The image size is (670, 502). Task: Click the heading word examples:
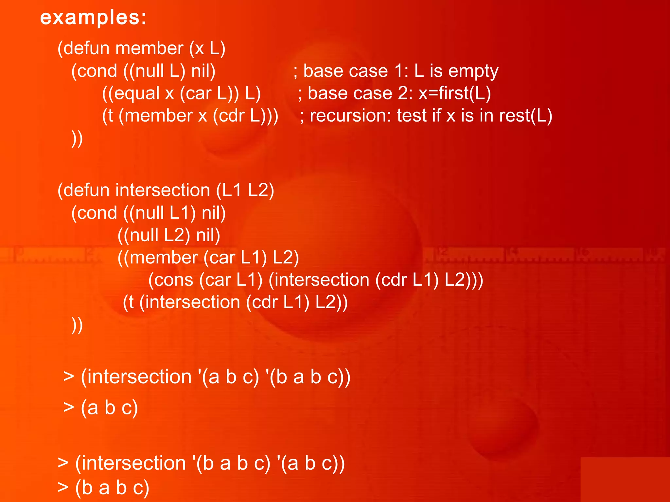pos(93,17)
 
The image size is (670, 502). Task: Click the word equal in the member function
pos(137,93)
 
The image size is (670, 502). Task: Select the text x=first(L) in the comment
pos(455,93)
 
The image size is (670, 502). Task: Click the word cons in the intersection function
pos(174,280)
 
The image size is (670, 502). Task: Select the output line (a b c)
pos(109,408)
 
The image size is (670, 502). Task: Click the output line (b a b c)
pos(112,488)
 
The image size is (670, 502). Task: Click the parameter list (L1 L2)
pos(245,190)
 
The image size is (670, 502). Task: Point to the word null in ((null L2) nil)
pos(144,235)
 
